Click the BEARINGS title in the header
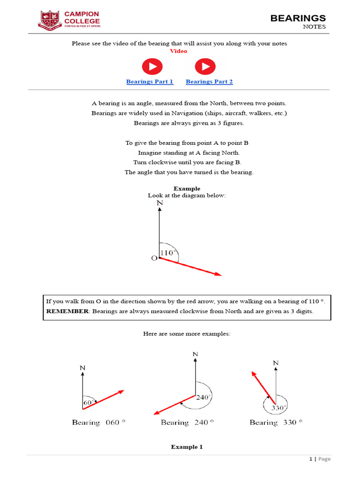point(298,18)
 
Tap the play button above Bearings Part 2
point(205,67)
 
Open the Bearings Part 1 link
point(150,82)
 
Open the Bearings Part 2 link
point(209,82)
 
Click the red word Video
point(178,51)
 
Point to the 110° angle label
point(169,253)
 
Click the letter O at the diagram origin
point(154,258)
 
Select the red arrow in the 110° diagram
point(190,267)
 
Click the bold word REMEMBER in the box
point(67,311)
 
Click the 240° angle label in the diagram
point(203,397)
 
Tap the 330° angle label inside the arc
point(278,407)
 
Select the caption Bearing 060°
point(98,422)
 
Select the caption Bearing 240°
point(187,422)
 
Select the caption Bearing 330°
point(276,422)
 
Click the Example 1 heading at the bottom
point(187,447)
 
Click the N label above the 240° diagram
point(195,354)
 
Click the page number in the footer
point(310,459)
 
